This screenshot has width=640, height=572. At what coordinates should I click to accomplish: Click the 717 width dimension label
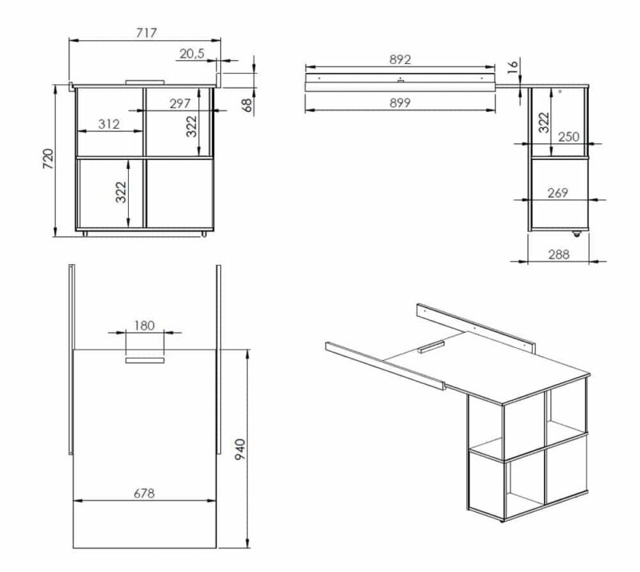(x=146, y=32)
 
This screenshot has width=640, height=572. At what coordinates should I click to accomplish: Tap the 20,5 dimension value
(x=192, y=54)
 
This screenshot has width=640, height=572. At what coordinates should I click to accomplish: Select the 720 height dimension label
(x=48, y=159)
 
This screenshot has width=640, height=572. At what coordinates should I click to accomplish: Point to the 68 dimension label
(x=247, y=105)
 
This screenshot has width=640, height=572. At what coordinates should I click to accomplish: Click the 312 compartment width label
(x=109, y=124)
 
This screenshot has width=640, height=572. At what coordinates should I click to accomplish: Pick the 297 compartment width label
(x=180, y=103)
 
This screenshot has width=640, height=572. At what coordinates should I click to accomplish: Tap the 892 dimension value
(x=400, y=60)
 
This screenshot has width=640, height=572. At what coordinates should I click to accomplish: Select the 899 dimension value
(x=399, y=103)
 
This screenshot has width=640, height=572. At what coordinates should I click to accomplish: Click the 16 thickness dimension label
(x=513, y=66)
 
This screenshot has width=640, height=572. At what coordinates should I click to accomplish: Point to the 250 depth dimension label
(x=569, y=137)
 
